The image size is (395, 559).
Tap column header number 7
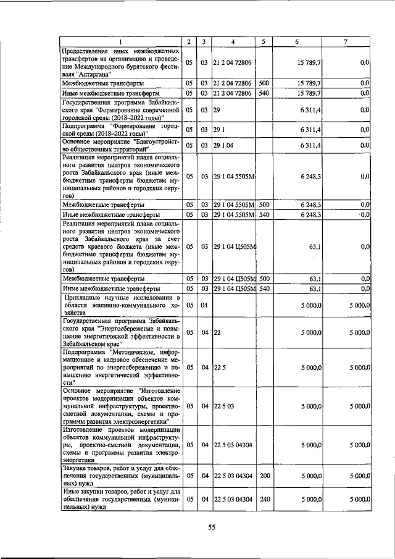click(345, 41)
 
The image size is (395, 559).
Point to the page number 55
click(210, 527)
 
